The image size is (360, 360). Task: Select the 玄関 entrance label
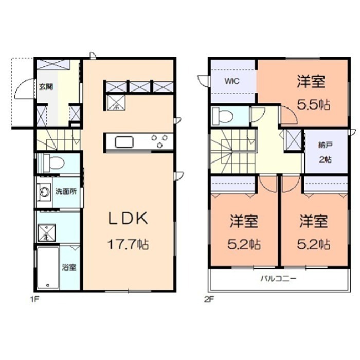pyautogui.click(x=44, y=87)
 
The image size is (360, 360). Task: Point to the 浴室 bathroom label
pyautogui.click(x=69, y=267)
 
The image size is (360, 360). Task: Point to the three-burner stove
pyautogui.click(x=158, y=141)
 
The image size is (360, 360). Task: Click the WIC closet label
pyautogui.click(x=231, y=81)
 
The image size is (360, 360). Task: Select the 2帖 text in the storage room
pyautogui.click(x=325, y=159)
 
